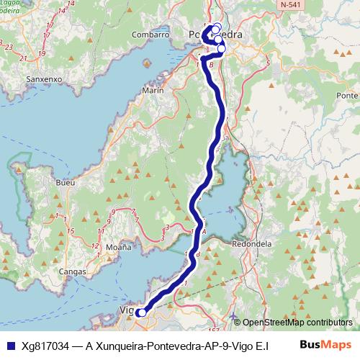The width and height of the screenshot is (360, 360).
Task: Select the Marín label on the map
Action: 153,91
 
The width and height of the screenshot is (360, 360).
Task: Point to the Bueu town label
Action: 66,183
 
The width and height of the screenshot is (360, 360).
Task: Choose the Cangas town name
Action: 73,271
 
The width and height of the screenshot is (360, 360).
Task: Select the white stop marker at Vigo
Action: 142,312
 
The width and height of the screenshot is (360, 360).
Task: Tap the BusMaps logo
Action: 325,345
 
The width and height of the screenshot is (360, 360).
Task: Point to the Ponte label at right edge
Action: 348,96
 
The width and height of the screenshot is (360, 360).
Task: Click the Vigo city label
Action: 125,311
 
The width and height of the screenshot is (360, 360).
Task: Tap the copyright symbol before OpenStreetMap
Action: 238,323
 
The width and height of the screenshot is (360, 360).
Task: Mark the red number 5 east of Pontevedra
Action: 267,64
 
